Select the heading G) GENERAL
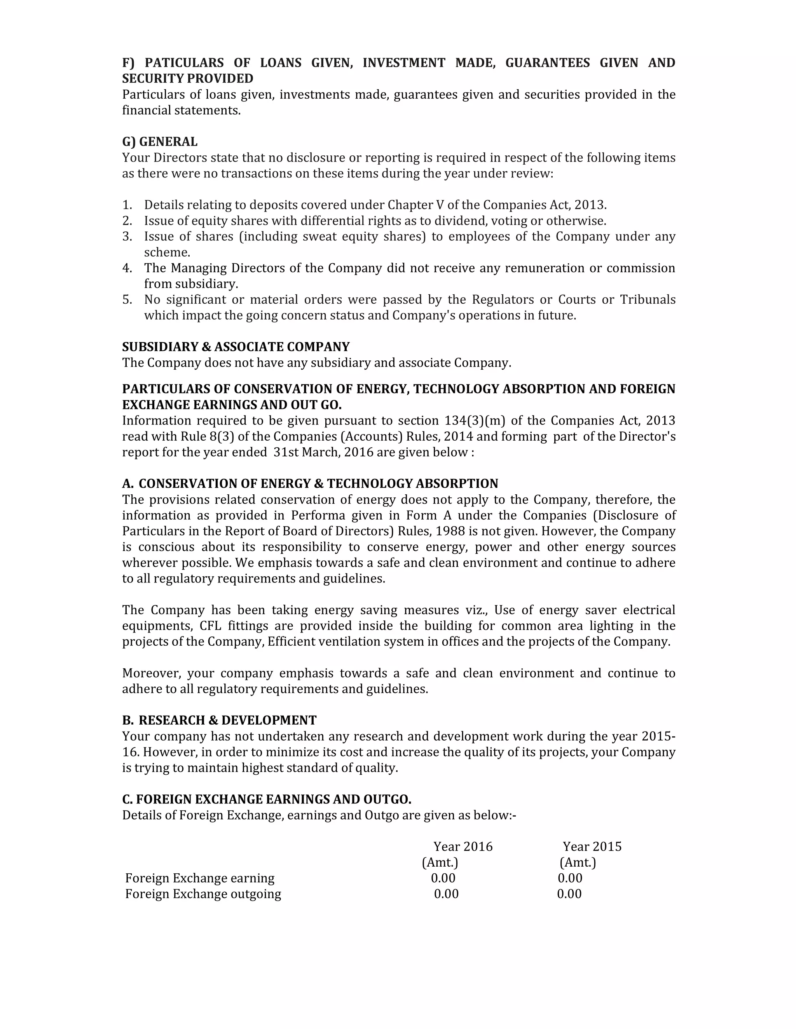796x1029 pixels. tap(160, 141)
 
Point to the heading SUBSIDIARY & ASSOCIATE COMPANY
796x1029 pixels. tap(236, 347)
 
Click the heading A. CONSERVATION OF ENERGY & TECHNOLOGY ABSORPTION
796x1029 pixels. tap(310, 484)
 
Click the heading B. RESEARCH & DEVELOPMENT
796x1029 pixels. tap(219, 720)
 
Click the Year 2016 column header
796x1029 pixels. tap(463, 846)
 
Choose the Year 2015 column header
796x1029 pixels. tap(592, 846)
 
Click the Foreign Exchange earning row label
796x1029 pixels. tap(199, 878)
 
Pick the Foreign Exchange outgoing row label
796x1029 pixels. tap(203, 894)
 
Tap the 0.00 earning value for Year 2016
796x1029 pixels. tap(443, 878)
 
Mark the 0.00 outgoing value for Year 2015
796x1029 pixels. tap(569, 894)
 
